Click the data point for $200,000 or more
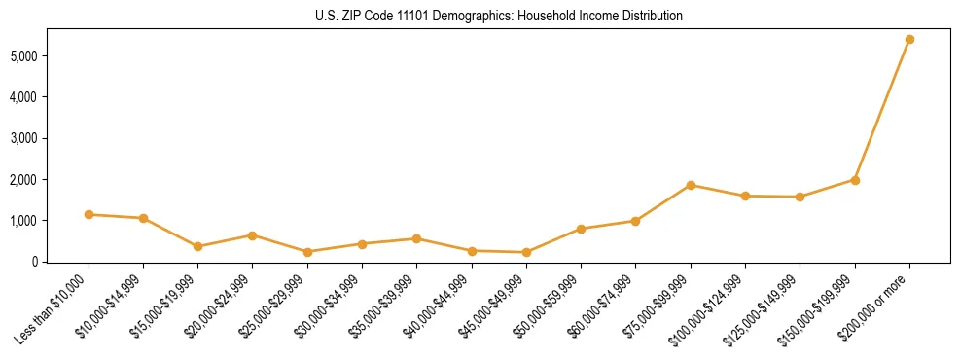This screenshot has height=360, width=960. [x=909, y=40]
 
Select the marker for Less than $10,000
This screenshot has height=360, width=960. [x=89, y=214]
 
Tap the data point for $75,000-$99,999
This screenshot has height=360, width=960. [x=691, y=185]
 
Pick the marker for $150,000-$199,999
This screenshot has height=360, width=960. [x=855, y=180]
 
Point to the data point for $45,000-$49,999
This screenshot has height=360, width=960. [x=526, y=252]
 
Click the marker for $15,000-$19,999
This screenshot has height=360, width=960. [x=198, y=246]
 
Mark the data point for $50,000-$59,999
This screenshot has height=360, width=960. [x=581, y=229]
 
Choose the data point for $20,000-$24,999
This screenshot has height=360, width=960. [x=253, y=235]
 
